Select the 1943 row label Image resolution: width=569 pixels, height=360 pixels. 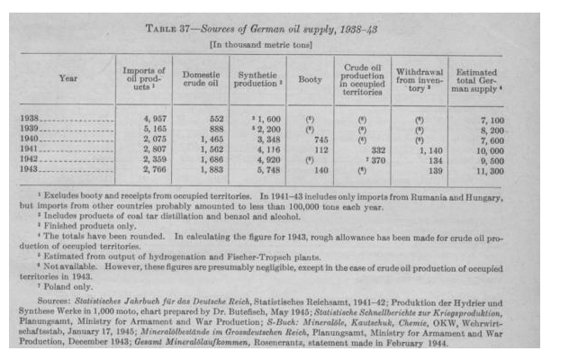coord(31,168)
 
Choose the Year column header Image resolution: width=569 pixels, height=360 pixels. coord(68,78)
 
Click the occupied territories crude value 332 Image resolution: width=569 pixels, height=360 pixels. coord(376,148)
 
